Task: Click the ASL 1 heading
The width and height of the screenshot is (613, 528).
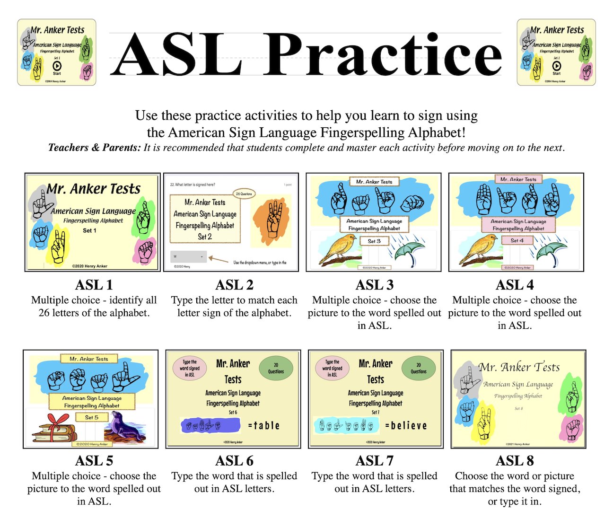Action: click(x=94, y=285)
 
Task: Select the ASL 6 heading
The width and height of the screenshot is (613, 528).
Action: click(x=234, y=461)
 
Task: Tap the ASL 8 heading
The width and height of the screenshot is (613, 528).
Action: click(x=515, y=461)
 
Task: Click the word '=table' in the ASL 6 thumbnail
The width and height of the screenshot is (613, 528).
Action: click(x=264, y=426)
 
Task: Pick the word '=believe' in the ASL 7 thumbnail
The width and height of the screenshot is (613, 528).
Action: click(x=406, y=426)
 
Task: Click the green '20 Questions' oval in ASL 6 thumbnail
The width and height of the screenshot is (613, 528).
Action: click(x=276, y=368)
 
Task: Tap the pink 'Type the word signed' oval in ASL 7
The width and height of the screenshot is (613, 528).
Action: click(x=333, y=368)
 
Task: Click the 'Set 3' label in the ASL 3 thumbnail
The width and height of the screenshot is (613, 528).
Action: click(x=374, y=241)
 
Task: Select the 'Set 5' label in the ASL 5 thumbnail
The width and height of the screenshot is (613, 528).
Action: click(x=92, y=417)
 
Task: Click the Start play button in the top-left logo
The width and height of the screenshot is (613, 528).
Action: click(x=57, y=66)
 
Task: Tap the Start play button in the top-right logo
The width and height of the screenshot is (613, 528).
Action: click(x=556, y=66)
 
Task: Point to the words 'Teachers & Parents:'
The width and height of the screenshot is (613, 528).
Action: click(x=95, y=148)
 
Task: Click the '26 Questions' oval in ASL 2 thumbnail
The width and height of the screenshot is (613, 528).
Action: click(x=244, y=194)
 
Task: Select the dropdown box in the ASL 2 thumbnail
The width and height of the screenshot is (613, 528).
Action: click(x=188, y=256)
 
